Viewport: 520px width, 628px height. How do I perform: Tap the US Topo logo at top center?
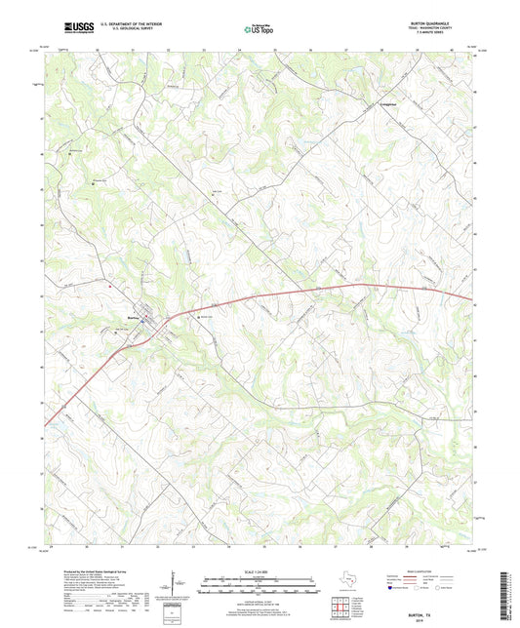tap(258, 30)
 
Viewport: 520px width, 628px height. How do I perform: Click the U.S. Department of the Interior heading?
tap(127, 24)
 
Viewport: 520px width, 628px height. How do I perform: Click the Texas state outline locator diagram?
tap(346, 581)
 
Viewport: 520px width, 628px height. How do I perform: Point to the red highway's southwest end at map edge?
tap(46, 424)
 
